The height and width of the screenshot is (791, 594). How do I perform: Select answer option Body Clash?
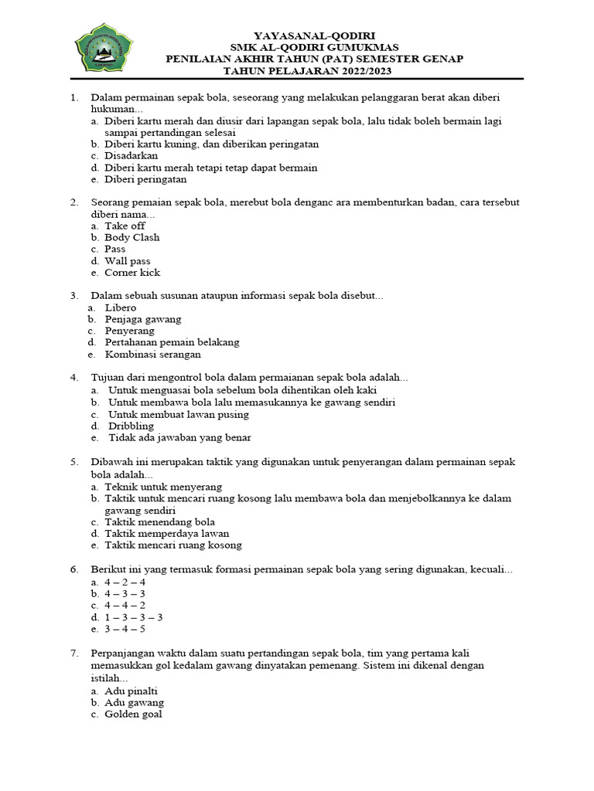[x=131, y=237]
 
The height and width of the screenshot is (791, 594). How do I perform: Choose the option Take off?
[x=125, y=226]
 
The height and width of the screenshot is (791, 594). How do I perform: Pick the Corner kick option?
[x=132, y=273]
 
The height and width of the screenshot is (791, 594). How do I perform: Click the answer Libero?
[x=121, y=307]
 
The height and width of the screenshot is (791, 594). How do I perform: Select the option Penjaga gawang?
[x=143, y=319]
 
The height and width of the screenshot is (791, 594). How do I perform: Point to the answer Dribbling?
[x=131, y=426]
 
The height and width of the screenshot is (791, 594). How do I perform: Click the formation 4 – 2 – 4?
[x=125, y=582]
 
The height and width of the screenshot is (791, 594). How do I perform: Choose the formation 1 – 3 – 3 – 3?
[x=133, y=617]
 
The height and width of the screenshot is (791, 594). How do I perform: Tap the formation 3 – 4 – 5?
[x=125, y=629]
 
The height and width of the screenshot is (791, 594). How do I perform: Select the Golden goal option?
[x=133, y=715]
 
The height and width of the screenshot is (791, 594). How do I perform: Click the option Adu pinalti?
[x=131, y=691]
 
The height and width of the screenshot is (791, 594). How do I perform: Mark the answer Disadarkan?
[x=131, y=155]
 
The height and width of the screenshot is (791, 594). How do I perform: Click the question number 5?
[x=74, y=462]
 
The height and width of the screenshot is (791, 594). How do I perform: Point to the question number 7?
[x=74, y=653]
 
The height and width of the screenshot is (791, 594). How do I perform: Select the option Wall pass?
[x=128, y=261]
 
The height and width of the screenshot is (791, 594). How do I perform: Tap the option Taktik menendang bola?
[x=159, y=521]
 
